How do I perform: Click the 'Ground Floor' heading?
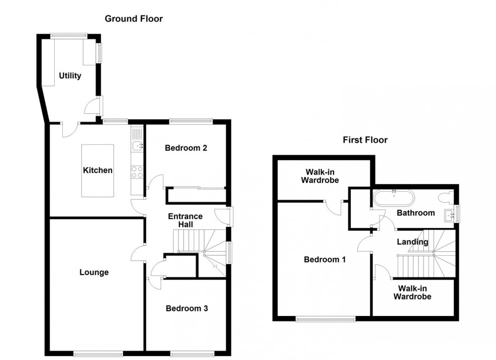click(x=134, y=19)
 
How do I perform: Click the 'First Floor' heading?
click(x=365, y=140)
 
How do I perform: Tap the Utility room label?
click(x=70, y=76)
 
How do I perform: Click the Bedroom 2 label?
click(x=186, y=148)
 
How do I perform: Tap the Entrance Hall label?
click(x=185, y=220)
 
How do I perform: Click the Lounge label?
click(x=94, y=273)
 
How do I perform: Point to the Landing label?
click(x=412, y=242)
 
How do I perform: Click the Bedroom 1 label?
click(x=324, y=259)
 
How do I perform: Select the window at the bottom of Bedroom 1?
click(x=325, y=319)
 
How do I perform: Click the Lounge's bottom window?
click(x=98, y=353)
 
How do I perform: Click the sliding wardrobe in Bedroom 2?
click(x=195, y=189)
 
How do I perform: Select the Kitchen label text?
click(x=98, y=170)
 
